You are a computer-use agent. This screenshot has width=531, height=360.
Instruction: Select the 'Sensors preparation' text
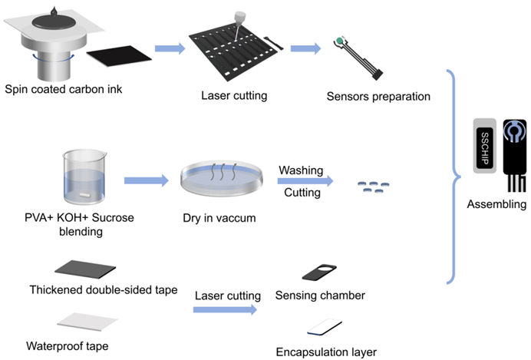[x=378, y=97]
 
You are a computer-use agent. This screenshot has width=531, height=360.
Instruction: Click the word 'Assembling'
[x=498, y=204]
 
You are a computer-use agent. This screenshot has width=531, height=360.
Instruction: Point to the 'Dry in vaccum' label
[x=218, y=218]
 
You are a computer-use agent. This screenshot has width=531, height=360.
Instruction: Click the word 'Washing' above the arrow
[x=301, y=169]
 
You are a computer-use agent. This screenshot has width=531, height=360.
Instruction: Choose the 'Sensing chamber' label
[x=323, y=296]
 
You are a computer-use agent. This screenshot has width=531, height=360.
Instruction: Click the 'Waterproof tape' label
[x=67, y=345]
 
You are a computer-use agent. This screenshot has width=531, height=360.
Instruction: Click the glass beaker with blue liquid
[x=84, y=181]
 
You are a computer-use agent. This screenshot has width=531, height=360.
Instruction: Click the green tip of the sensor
[x=338, y=41]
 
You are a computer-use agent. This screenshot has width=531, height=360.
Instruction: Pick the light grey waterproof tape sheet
[x=87, y=320]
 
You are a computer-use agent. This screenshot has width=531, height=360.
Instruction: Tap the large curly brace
[x=455, y=179]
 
